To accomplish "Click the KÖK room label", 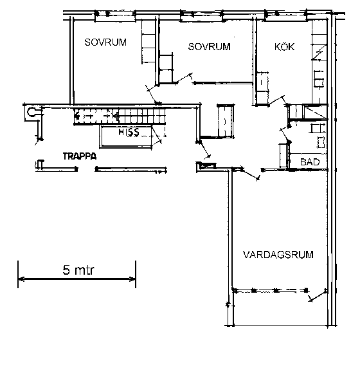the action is coord(284,46).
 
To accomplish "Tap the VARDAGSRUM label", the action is coord(278,254).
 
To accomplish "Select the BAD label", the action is coord(310,162).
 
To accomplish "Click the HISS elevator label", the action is coord(129,132).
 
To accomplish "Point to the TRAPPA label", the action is coord(80,156).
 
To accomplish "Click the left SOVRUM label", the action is coord(105,42).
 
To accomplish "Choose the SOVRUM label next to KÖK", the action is coord(209,46).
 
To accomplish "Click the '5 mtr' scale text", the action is coord(78,270).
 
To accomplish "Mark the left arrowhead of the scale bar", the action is coord(21,279).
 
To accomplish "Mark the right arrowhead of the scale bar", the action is coord(132,279).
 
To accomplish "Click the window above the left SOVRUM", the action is coord(115,16).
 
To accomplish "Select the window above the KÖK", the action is coord(285,15).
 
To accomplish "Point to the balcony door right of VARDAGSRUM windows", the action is coord(318,295).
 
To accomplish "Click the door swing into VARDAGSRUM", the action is coord(250,174).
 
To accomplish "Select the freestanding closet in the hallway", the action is coord(225,121).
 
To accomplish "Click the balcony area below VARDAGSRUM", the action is coord(280,308).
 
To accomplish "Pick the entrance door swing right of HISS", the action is coord(203,150).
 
